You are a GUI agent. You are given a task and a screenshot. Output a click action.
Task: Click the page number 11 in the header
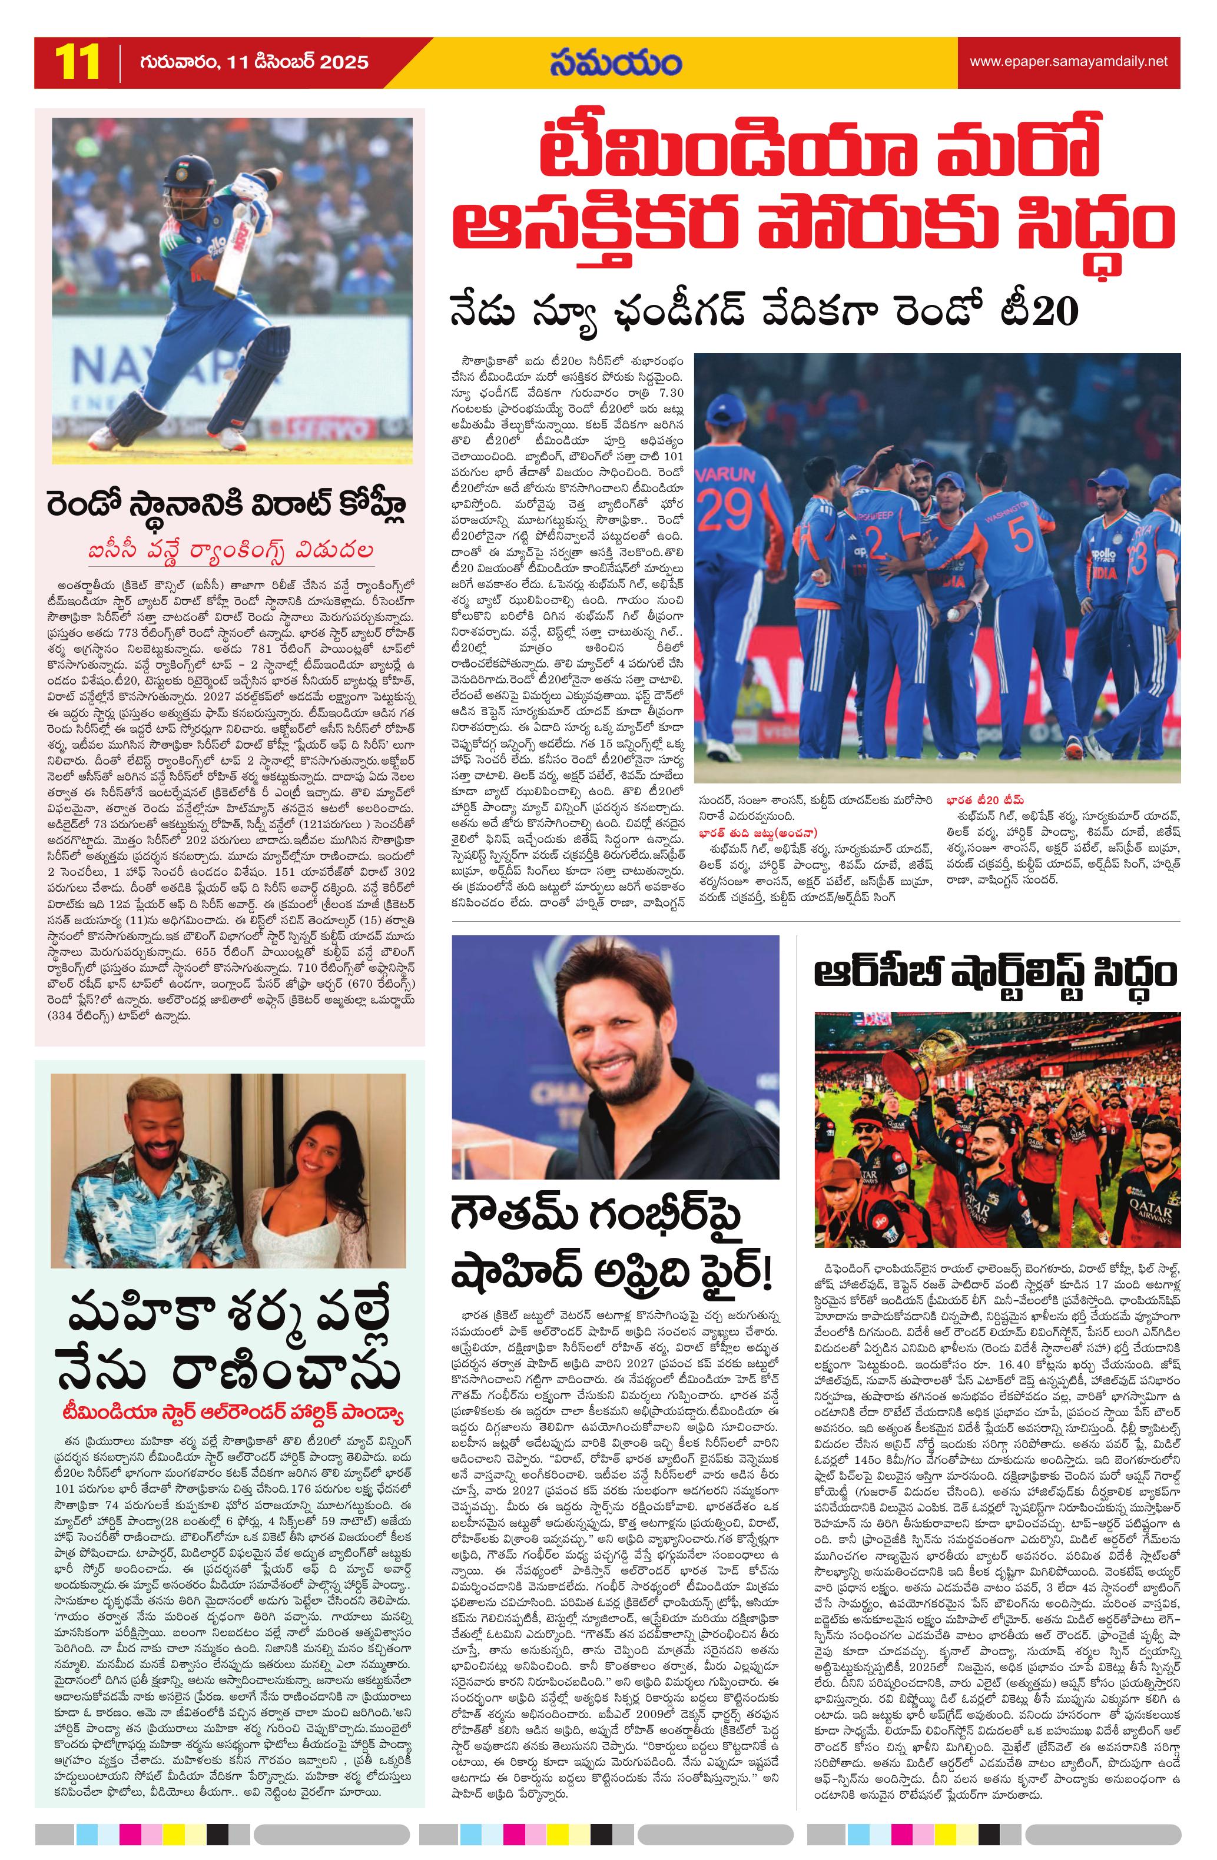click(x=77, y=62)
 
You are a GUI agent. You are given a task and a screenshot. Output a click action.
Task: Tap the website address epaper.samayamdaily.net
click(x=1069, y=62)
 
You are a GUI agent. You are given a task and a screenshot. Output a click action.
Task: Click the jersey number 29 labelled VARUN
click(x=726, y=510)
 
